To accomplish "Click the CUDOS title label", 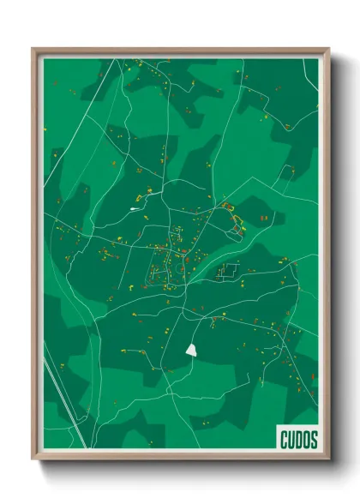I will click(298, 440).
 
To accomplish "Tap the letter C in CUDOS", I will click(284, 440).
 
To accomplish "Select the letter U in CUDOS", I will click(291, 440).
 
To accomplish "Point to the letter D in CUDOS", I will click(299, 440).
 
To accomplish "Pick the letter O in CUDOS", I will click(307, 440).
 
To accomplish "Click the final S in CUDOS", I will click(314, 440).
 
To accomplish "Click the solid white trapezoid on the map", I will click(190, 349).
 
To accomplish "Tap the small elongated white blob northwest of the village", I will click(135, 207).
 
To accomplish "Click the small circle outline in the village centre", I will click(179, 267).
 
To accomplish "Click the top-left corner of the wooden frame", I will click(33, 48).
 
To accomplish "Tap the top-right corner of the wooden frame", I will click(329, 48).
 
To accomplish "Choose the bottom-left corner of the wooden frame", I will click(33, 460).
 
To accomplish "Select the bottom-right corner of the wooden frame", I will click(329, 460).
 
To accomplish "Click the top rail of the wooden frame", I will click(180, 49).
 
